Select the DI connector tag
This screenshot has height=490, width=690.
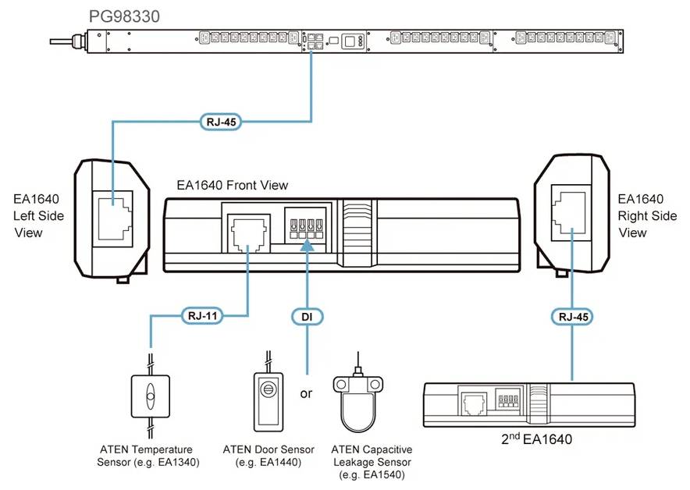[308, 316]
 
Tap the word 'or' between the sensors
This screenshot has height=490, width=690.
[306, 393]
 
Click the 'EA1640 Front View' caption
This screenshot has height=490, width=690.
[233, 185]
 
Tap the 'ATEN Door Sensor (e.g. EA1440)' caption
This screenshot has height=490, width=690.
[269, 456]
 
